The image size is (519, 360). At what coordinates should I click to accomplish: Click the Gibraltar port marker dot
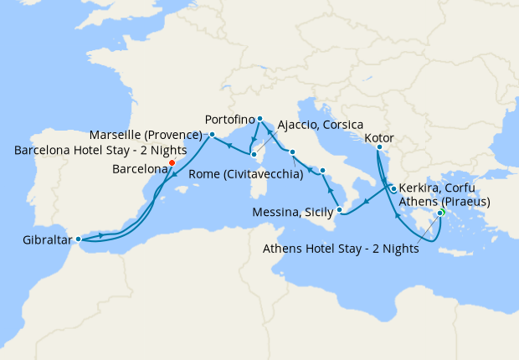point(78,239)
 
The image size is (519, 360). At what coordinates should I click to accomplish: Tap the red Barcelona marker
point(172,163)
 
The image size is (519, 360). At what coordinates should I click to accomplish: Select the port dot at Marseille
point(212,134)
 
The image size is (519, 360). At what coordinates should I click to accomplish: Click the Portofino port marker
point(260,118)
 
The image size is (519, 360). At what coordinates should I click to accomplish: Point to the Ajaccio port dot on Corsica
point(254,154)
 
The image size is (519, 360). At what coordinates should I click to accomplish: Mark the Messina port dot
point(339,208)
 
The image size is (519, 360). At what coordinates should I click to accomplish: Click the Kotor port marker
point(378,148)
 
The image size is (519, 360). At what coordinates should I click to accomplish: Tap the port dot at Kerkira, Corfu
point(393,189)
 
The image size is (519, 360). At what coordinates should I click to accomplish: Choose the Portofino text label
point(229,119)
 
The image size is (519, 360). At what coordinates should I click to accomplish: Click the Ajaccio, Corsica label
point(321,125)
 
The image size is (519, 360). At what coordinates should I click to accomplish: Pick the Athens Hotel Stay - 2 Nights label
point(342,248)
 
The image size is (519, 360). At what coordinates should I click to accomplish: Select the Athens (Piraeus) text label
point(444,202)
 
